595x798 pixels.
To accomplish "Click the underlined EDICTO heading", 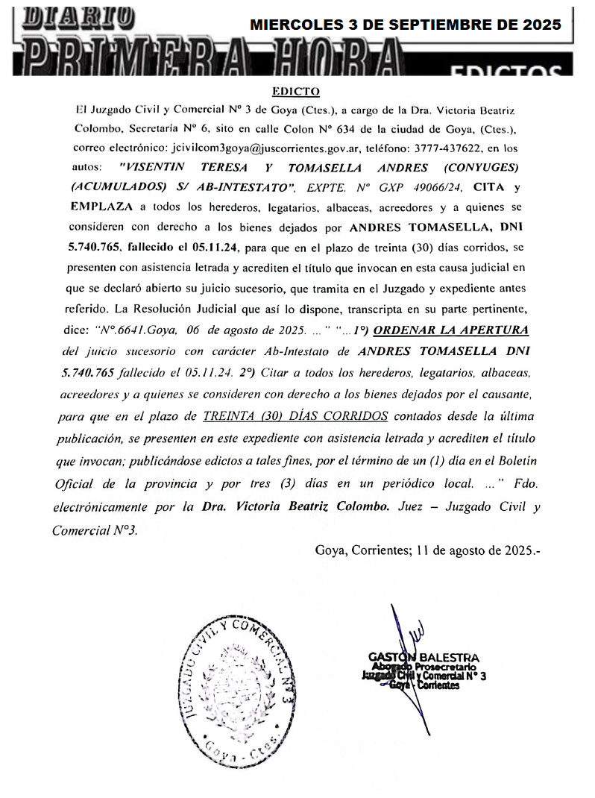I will click(296, 92).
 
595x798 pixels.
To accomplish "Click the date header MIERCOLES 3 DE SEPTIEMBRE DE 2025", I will click(406, 25).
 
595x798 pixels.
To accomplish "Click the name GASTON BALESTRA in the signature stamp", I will click(424, 657).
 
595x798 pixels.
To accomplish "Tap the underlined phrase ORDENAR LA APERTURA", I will click(451, 330).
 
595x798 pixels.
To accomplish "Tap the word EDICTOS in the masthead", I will click(506, 71).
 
